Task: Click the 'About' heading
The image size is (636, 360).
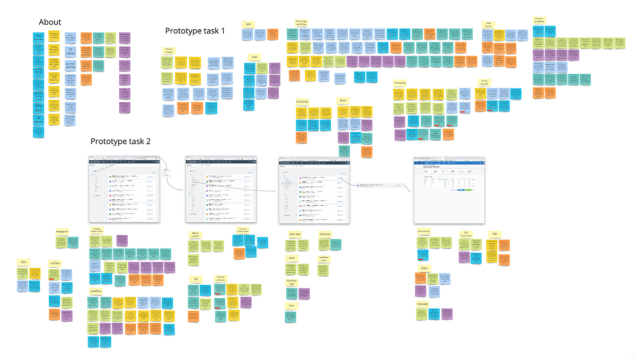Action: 50,22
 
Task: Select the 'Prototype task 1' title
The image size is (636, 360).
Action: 195,31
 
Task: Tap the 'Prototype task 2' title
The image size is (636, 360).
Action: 120,142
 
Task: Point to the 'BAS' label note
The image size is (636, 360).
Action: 248,24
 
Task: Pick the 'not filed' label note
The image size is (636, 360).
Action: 55,262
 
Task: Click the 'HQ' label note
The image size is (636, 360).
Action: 196,278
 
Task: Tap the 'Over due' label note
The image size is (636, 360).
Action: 295,234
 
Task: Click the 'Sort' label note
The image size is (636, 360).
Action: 291,306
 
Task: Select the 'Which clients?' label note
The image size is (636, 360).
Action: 196,234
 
